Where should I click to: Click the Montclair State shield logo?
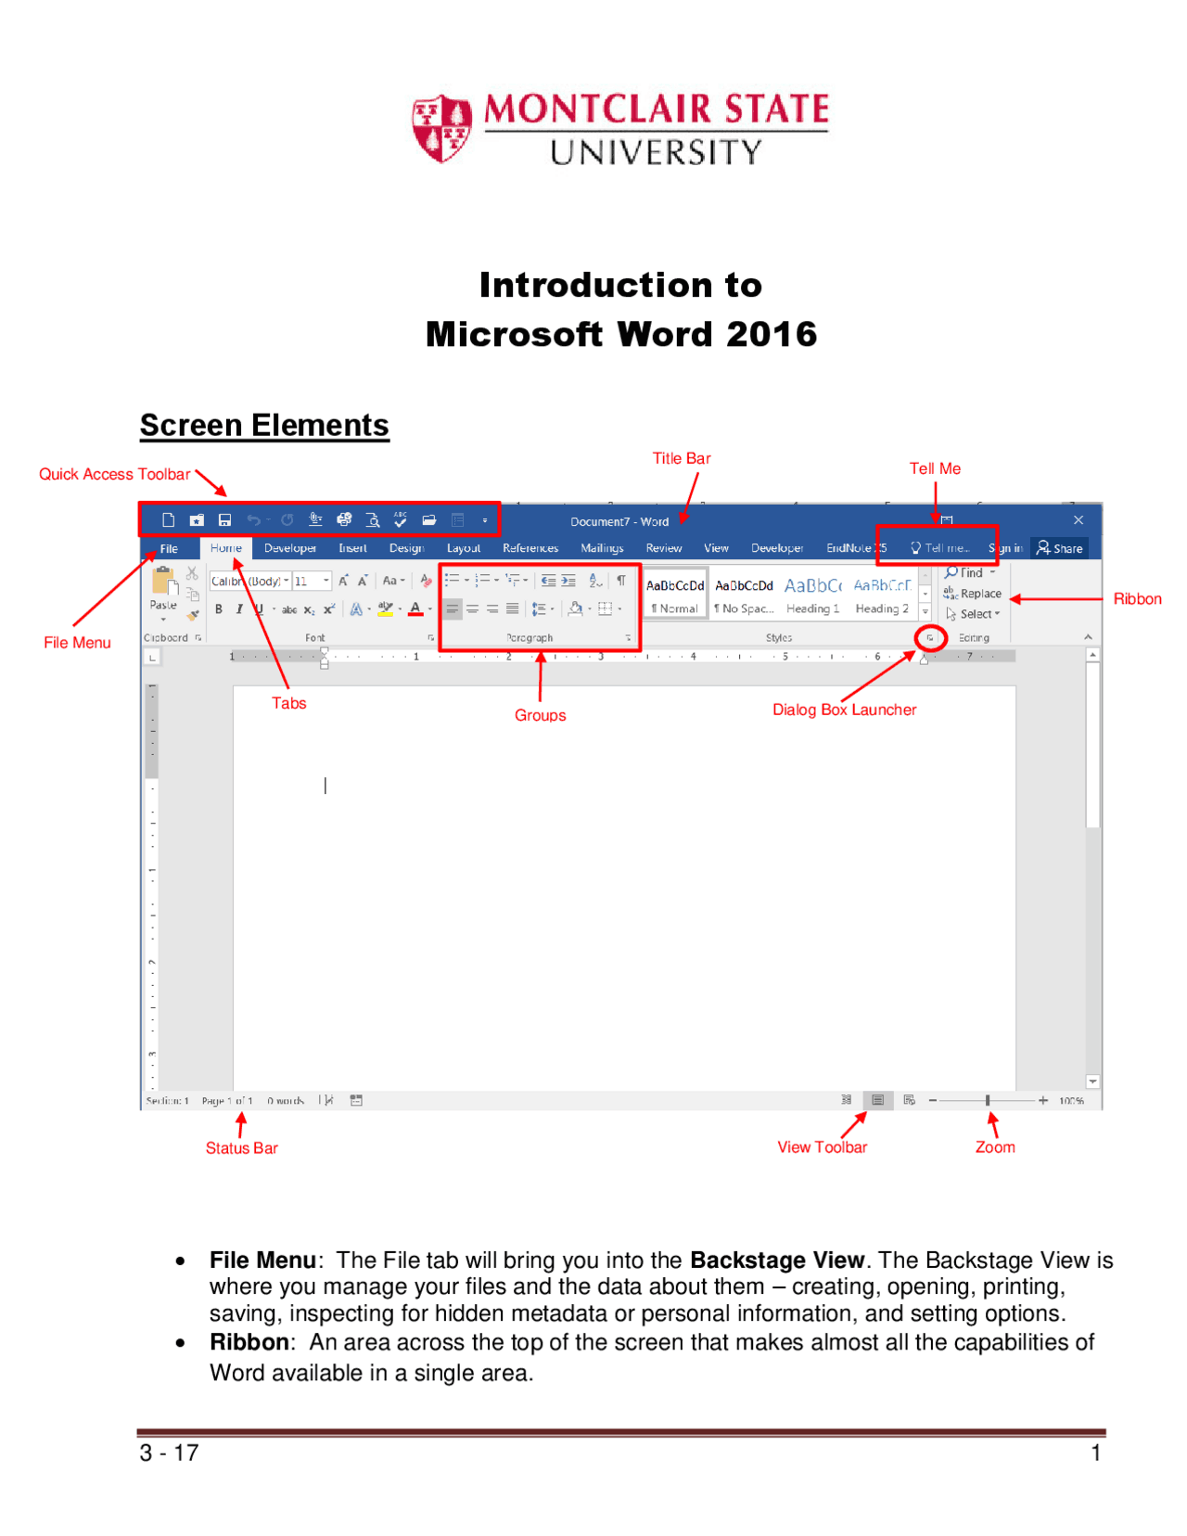click(x=441, y=128)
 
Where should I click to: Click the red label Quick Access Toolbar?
click(x=114, y=474)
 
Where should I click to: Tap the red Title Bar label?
click(x=681, y=458)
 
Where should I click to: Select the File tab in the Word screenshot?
click(x=169, y=548)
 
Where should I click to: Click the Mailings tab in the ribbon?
click(x=601, y=548)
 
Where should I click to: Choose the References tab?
click(x=530, y=548)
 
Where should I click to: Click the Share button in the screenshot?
click(x=1060, y=548)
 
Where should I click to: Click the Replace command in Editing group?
click(x=974, y=594)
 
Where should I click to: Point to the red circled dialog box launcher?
click(x=929, y=637)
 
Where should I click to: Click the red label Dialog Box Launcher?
click(x=844, y=710)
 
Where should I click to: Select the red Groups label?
click(x=540, y=715)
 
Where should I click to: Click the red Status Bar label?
click(x=241, y=1148)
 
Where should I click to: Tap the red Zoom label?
click(x=994, y=1147)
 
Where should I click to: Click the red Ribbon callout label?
click(x=1136, y=599)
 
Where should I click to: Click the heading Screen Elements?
click(x=264, y=425)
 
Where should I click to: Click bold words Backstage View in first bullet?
click(x=776, y=1260)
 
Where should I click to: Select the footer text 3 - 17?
click(x=169, y=1453)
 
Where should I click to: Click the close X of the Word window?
click(x=1078, y=520)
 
